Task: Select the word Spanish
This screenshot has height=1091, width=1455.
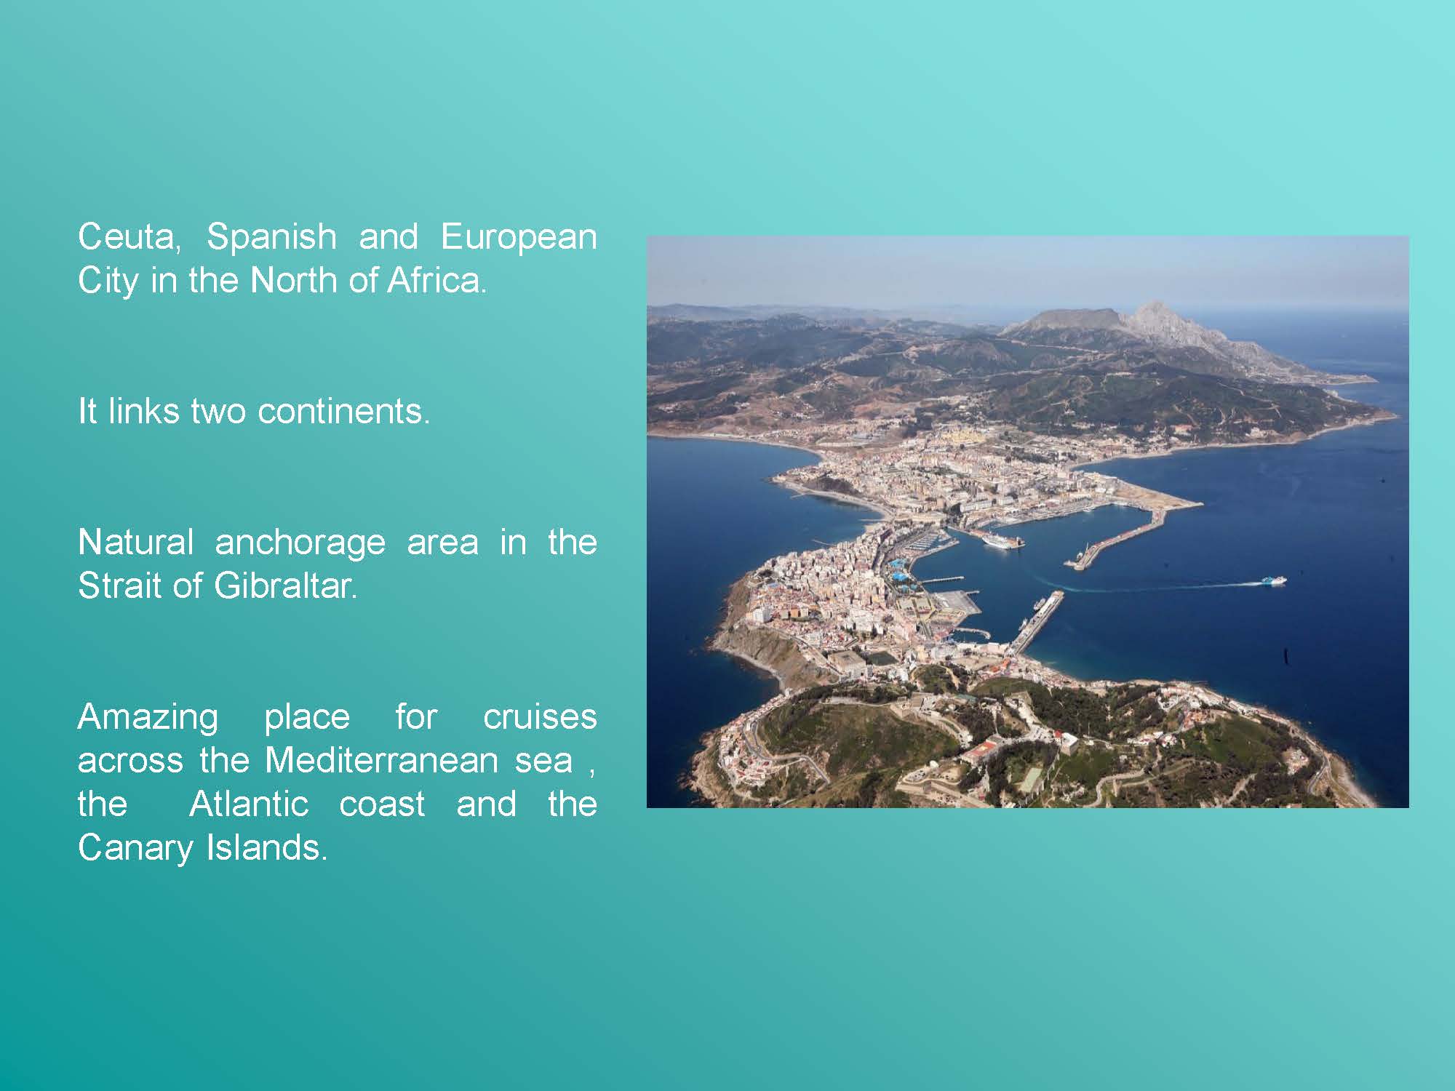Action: [271, 236]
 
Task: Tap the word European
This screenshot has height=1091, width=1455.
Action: [519, 238]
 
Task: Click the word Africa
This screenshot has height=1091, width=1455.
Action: [436, 281]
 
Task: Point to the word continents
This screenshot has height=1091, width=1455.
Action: [344, 412]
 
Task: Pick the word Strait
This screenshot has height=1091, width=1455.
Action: [119, 586]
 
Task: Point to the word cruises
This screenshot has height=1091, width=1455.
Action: [540, 717]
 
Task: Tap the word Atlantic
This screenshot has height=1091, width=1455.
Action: [249, 804]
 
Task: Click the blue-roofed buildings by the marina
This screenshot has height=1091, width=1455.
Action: [899, 571]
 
